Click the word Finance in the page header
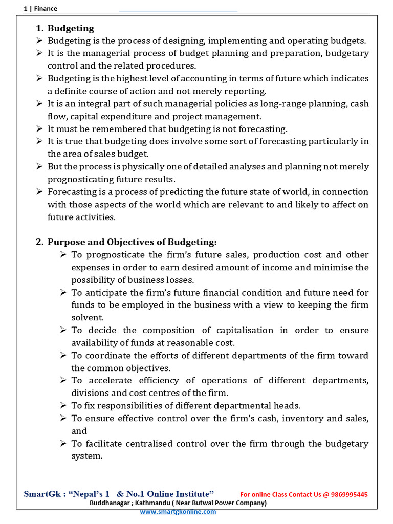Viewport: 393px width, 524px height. [46, 8]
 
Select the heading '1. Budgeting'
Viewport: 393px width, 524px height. [65, 28]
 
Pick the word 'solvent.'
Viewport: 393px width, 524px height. [88, 318]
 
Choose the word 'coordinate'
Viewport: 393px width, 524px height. [108, 356]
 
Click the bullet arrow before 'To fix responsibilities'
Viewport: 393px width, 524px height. [63, 406]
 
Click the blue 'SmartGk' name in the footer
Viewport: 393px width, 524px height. [43, 494]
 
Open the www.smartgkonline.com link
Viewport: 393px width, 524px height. [178, 512]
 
